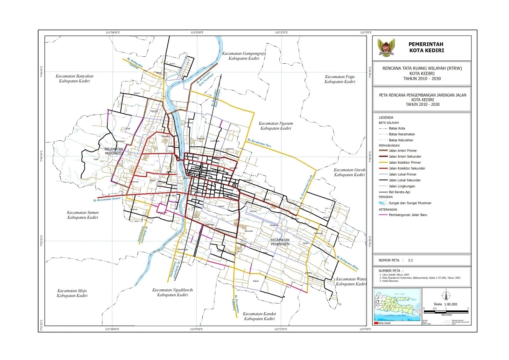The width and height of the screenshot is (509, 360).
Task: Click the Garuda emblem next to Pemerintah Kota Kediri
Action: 386,48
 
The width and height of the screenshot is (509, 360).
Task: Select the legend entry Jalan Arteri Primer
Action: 402,151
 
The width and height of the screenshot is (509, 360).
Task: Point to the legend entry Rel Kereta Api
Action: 399,192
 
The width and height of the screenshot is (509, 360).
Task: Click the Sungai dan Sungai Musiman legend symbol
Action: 383,203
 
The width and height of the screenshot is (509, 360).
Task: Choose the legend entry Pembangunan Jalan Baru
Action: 408,215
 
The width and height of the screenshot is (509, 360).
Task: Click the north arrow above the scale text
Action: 445,295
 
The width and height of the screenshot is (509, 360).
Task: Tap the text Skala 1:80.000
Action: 445,304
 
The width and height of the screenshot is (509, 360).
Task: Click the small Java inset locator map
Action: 397,305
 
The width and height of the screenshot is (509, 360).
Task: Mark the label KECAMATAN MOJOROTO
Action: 114,151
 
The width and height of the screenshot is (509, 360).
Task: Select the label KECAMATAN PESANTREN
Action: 280,242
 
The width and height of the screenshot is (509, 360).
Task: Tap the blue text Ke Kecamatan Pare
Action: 259,143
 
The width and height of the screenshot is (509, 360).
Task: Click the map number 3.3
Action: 410,260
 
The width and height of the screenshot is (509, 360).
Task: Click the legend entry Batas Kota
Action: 397,128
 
